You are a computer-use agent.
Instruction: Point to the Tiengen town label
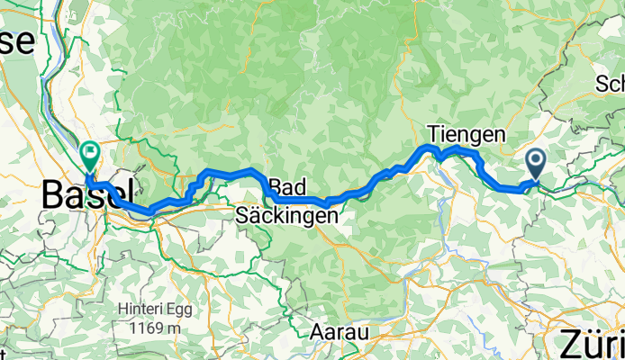tap(466, 133)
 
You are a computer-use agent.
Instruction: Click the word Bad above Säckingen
tap(287, 187)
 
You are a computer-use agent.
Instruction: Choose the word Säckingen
tap(287, 216)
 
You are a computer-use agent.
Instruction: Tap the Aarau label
tap(340, 332)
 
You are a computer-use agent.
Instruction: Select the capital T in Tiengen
tap(433, 133)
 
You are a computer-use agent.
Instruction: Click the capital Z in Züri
tap(570, 345)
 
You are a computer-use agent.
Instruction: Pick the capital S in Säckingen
tap(240, 216)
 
